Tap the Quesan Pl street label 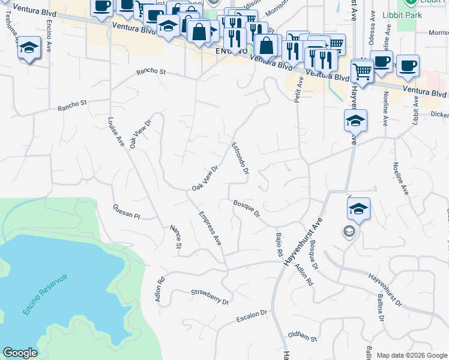[126, 211]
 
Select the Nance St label [176, 236]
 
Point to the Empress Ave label [211, 227]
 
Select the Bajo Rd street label [279, 245]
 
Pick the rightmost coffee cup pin [408, 65]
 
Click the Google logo [20, 353]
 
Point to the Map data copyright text [411, 355]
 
